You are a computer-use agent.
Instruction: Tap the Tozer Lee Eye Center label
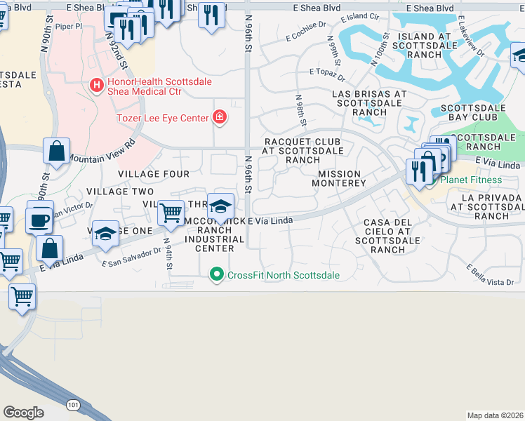[x=164, y=117]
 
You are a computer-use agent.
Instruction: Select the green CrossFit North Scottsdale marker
[x=217, y=275]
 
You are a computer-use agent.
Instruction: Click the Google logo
[x=23, y=412]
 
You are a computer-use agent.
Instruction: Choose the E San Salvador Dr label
[x=131, y=260]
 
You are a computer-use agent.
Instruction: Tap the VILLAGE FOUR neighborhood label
[x=153, y=173]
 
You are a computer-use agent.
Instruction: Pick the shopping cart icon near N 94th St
[x=171, y=212]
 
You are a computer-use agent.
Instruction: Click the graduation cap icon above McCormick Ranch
[x=220, y=206]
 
